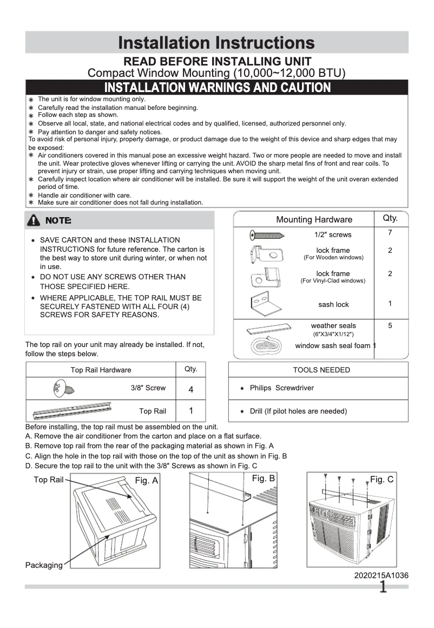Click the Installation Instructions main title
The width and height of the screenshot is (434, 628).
pos(216,42)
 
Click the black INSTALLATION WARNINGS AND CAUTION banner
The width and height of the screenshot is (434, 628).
pos(216,87)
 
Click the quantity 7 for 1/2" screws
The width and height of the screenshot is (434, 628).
pos(390,233)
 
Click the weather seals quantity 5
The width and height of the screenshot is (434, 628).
pos(390,326)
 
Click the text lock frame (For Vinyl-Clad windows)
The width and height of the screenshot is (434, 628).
pos(333,277)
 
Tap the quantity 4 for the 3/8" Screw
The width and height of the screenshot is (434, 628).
pos(191,389)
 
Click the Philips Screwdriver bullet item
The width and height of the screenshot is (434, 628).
pos(281,388)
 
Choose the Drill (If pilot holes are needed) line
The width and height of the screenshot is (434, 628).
pos(298,411)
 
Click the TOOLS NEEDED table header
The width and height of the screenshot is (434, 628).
pos(321,370)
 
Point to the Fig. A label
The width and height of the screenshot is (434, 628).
pos(146,481)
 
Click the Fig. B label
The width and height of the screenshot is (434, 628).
pos(264,479)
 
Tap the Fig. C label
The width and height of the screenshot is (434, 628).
pos(382,480)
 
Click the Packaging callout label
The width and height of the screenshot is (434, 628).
pos(44,565)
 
